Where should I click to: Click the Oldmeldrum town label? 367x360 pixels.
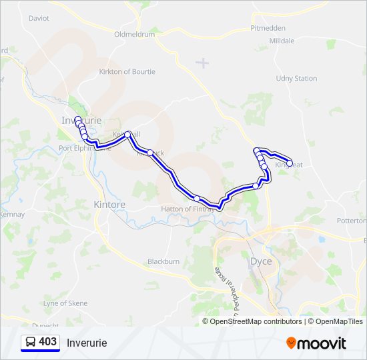pos(134,34)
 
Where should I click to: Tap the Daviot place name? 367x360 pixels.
pos(39,19)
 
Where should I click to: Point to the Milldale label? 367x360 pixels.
pos(282,41)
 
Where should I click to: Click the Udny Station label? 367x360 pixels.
pos(296,79)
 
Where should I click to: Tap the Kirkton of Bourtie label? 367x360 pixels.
pos(127,72)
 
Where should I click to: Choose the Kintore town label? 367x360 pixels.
pos(109,204)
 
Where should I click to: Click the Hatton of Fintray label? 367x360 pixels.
pos(188,209)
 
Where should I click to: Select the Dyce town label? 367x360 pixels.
pos(260,261)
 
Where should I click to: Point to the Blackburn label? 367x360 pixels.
pos(163,262)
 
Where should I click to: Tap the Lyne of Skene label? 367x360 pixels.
pos(65,303)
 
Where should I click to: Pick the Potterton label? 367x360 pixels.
pos(352,221)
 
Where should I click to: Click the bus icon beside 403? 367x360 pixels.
pos(31,342)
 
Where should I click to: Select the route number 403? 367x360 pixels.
pos(48,342)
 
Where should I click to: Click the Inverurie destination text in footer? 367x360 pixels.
pos(87,343)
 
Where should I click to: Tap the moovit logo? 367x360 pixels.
pos(316,343)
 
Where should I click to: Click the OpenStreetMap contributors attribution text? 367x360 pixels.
pos(252,321)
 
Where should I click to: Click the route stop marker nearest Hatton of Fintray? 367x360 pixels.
pos(197,198)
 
